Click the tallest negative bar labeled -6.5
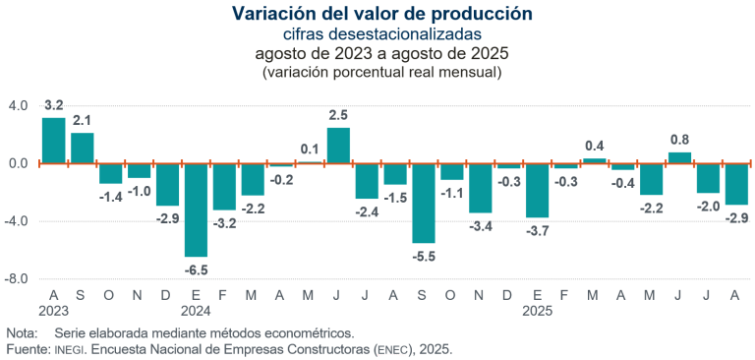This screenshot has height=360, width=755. click(196, 210)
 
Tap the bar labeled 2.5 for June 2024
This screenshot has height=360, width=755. click(338, 146)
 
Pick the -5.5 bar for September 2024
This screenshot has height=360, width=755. click(424, 203)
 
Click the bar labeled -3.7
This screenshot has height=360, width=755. click(538, 190)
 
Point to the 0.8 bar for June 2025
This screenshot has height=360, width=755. click(679, 157)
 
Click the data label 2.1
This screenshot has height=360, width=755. click(82, 120)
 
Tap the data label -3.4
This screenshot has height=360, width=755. click(480, 226)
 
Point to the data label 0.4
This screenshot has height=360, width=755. click(595, 146)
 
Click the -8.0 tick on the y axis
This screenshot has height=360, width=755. click(19, 279)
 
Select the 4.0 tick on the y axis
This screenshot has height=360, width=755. click(19, 105)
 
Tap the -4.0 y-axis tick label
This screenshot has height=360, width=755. click(19, 221)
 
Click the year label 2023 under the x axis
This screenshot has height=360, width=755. click(53, 311)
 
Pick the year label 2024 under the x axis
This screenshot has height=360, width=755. click(196, 311)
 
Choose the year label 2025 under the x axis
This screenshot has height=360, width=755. click(538, 311)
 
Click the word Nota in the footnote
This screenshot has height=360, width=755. click(22, 333)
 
